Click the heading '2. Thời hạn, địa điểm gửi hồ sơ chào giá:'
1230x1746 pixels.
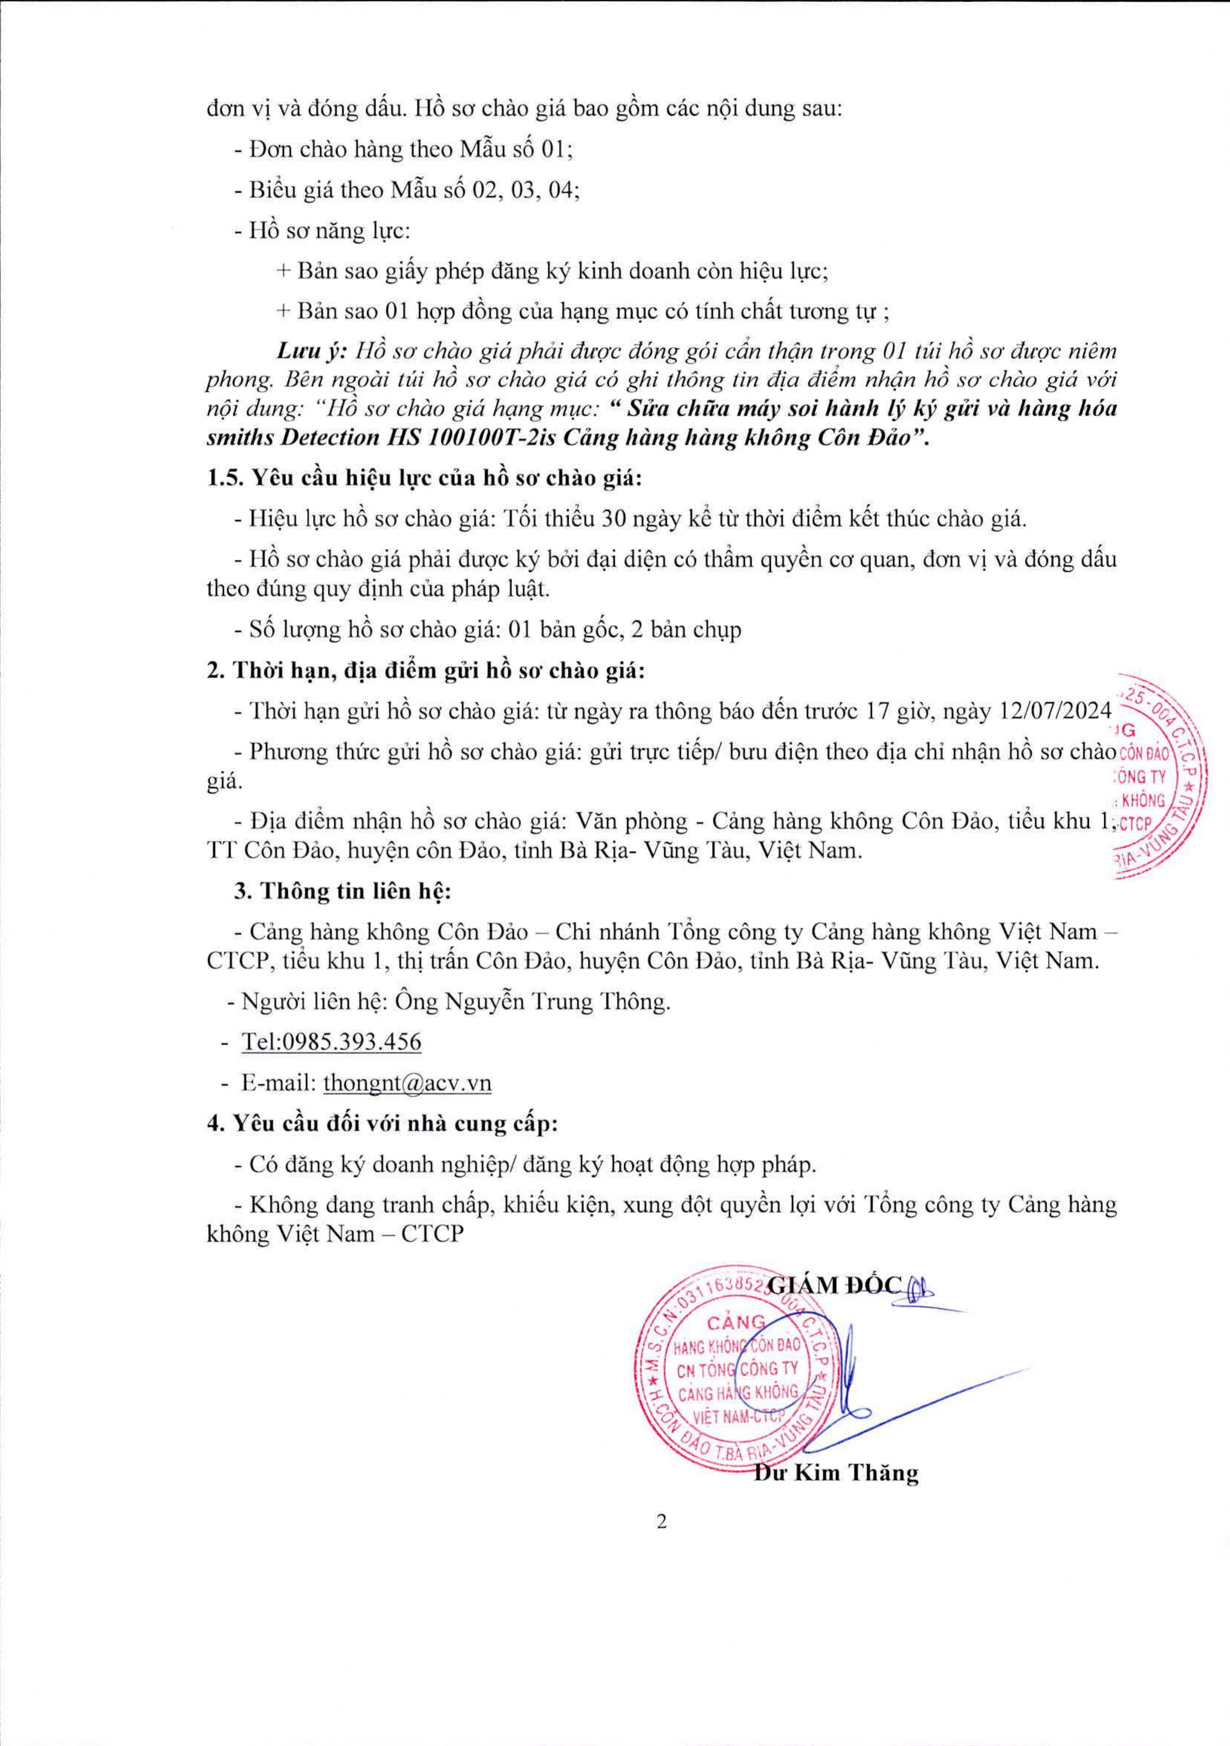coord(426,671)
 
